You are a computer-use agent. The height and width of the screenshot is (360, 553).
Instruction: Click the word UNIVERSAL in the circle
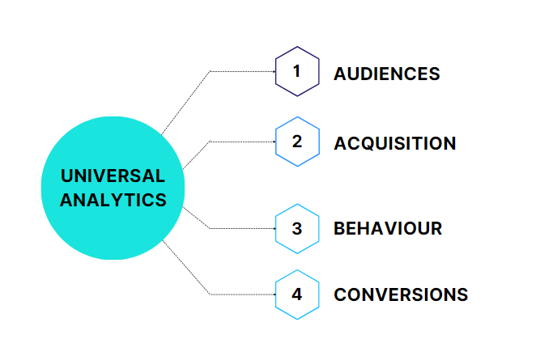click(113, 176)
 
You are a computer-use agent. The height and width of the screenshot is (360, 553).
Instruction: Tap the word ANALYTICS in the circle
click(113, 200)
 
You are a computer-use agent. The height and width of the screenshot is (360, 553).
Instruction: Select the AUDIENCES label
click(386, 74)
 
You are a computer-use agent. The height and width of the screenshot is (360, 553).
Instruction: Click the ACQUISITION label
click(394, 143)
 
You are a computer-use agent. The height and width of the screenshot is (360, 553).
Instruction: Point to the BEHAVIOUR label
click(388, 229)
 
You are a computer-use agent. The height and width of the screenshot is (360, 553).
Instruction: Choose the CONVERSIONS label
click(401, 294)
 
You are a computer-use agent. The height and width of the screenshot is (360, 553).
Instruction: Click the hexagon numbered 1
click(297, 72)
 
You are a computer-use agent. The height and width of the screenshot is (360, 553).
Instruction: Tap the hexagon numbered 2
click(297, 142)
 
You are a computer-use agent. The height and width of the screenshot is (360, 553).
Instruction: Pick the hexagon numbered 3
click(297, 228)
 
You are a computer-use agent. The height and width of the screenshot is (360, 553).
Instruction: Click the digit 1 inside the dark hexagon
click(296, 71)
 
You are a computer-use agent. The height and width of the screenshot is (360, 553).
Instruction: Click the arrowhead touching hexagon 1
click(274, 71)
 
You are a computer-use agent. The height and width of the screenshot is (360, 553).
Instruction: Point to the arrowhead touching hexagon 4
click(274, 294)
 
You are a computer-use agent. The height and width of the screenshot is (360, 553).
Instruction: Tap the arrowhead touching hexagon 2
click(274, 142)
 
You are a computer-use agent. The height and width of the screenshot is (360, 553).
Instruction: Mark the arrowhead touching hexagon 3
click(274, 228)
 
